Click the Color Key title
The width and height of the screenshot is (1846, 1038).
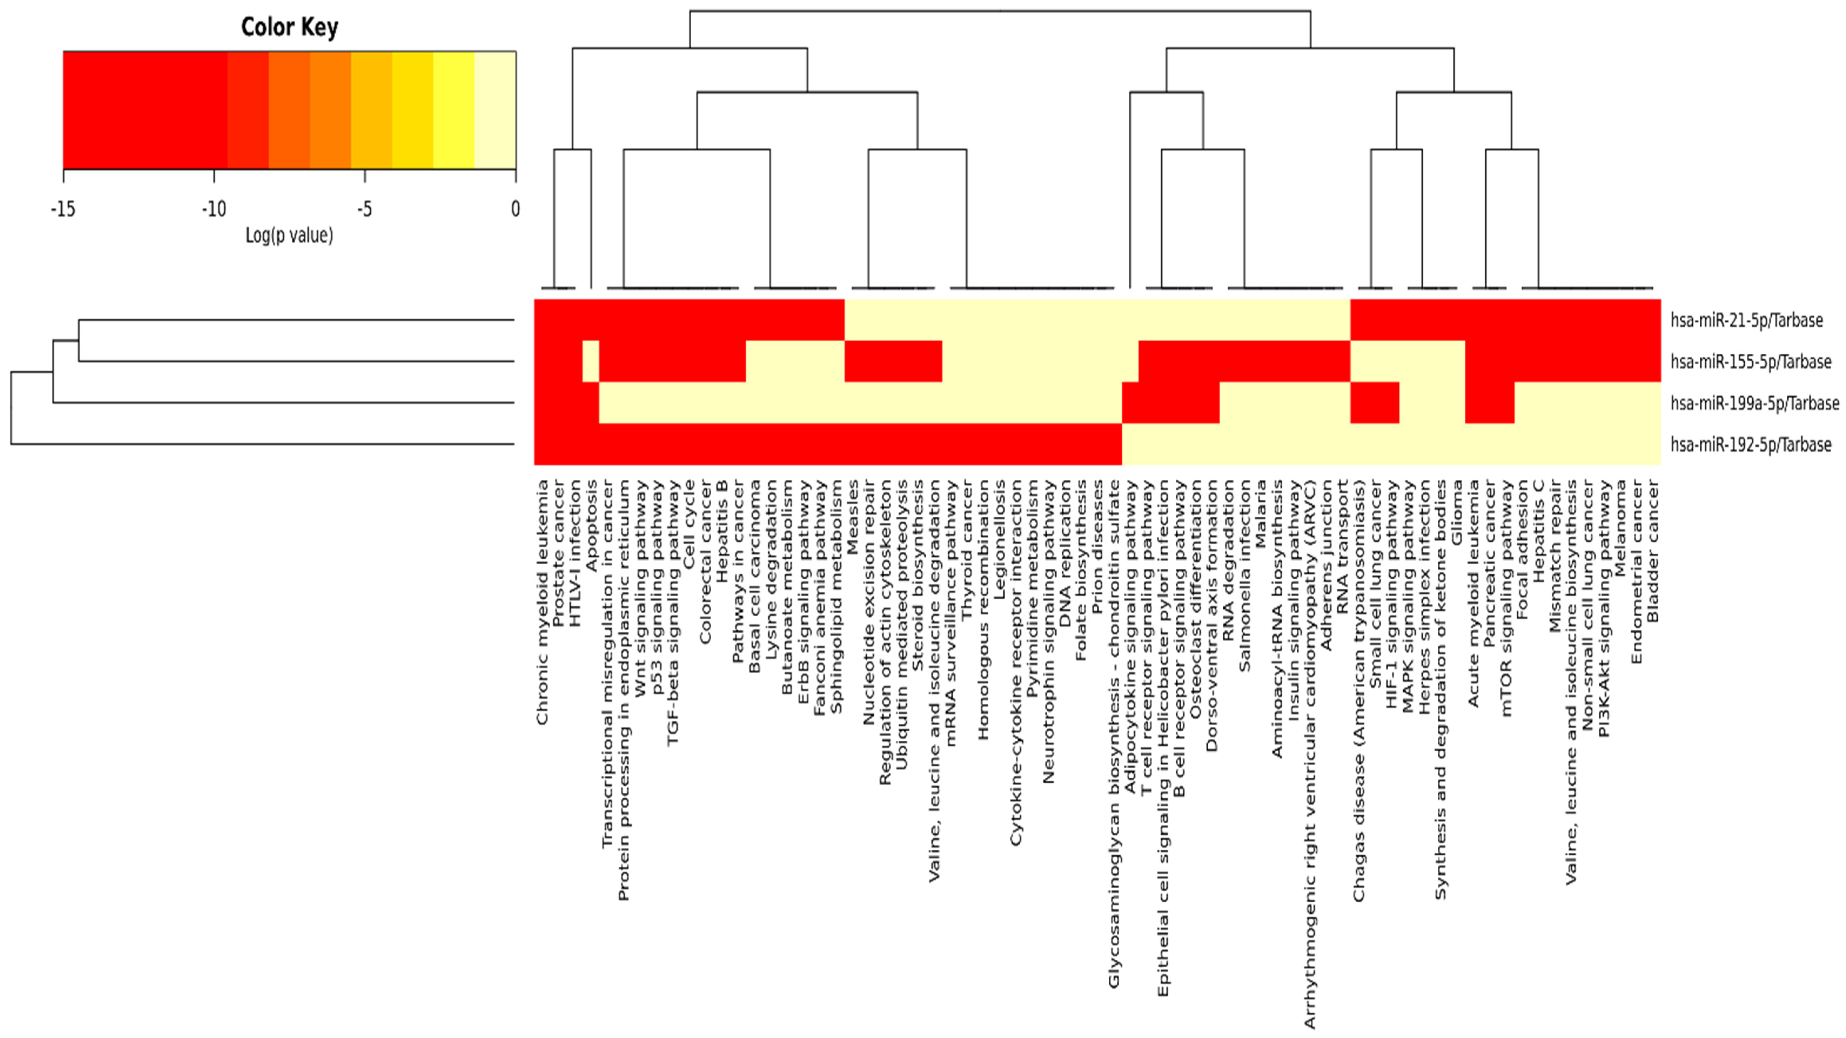[290, 27]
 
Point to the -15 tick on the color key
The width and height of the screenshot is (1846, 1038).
[63, 209]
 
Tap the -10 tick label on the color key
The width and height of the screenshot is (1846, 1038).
[213, 209]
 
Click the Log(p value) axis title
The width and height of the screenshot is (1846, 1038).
[290, 235]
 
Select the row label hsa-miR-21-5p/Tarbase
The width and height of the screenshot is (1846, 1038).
[1746, 320]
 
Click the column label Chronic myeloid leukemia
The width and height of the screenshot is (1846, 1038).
[542, 602]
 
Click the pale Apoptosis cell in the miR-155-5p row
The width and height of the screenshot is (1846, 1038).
[590, 362]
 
